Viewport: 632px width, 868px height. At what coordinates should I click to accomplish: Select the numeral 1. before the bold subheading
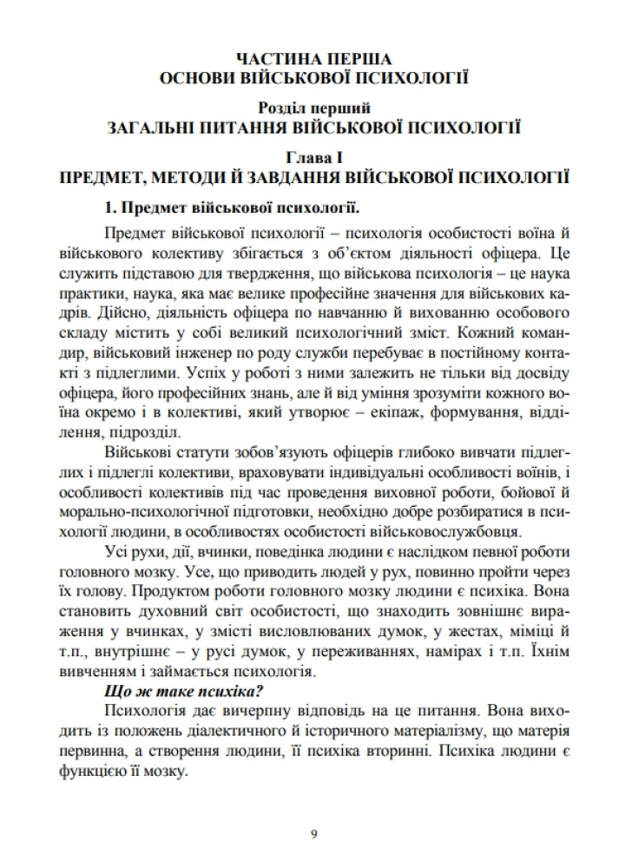(x=110, y=208)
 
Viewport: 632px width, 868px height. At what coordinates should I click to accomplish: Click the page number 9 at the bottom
(x=314, y=835)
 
